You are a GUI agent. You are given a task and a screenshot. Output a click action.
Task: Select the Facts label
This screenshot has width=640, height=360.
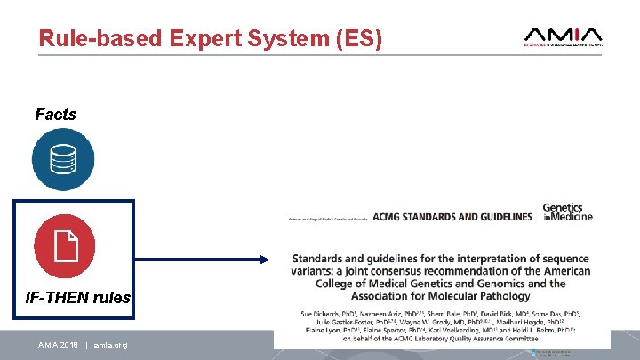(x=55, y=115)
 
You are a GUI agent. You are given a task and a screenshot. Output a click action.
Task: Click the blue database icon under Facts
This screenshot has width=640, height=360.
(x=63, y=159)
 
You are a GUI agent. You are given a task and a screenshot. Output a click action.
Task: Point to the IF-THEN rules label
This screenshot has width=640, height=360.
(x=78, y=298)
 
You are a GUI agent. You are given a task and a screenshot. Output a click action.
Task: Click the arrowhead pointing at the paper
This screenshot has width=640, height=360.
(x=261, y=260)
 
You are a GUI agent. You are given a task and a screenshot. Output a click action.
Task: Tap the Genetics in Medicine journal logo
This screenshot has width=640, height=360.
(x=568, y=212)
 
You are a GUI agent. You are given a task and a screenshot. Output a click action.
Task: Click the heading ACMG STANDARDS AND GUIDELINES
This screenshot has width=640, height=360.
(x=452, y=217)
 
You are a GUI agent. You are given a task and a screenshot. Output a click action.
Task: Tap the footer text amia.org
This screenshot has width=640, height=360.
(x=108, y=345)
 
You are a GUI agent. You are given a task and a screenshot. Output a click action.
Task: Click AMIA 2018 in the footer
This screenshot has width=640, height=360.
(x=58, y=345)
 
